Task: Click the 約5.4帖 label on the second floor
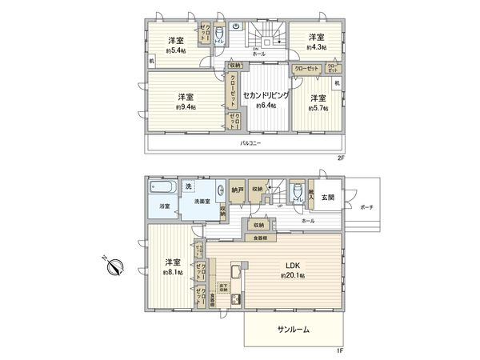pyautogui.click(x=176, y=50)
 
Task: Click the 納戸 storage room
pyautogui.click(x=237, y=191)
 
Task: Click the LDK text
pyautogui.click(x=286, y=265)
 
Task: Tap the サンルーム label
pyautogui.click(x=293, y=329)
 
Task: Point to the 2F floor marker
pyautogui.click(x=340, y=158)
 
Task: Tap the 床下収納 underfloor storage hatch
pyautogui.click(x=223, y=287)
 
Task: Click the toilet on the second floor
pyautogui.click(x=219, y=35)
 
